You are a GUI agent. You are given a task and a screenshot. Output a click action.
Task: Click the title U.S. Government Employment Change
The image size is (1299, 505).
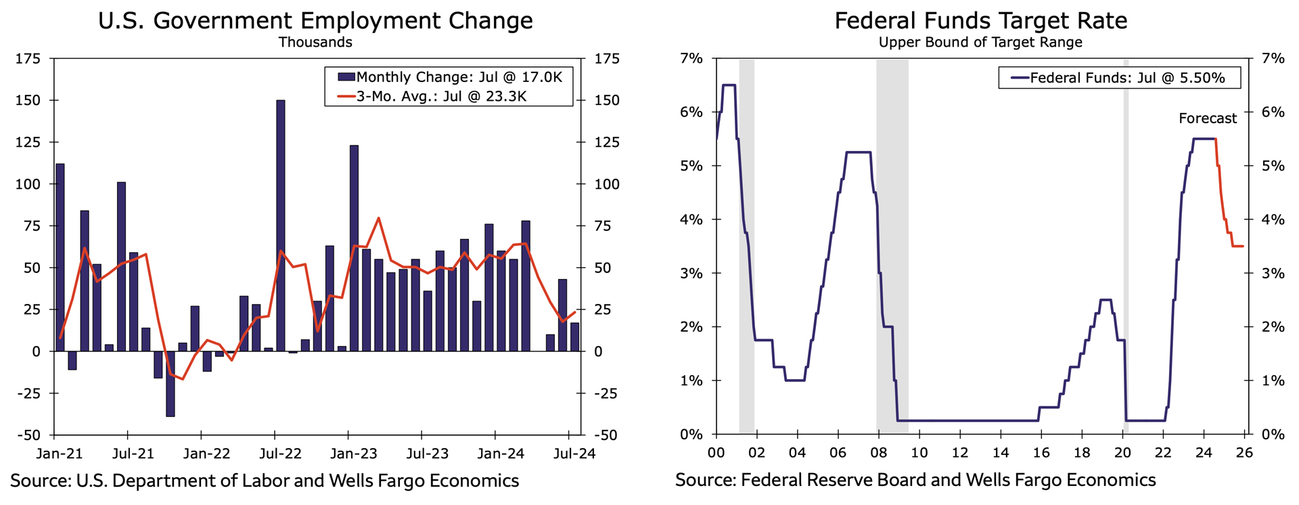click(315, 21)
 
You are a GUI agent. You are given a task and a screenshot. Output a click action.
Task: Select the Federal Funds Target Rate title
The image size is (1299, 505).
click(980, 21)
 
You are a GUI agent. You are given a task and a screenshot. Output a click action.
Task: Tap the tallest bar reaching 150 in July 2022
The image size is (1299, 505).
click(281, 225)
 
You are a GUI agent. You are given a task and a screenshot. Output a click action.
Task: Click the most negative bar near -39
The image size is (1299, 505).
click(170, 384)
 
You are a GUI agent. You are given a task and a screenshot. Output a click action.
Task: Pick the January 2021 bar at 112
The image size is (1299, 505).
click(60, 257)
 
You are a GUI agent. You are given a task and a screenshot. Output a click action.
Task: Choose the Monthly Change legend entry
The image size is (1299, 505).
click(451, 77)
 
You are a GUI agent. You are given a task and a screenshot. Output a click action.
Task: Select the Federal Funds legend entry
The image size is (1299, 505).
click(1119, 78)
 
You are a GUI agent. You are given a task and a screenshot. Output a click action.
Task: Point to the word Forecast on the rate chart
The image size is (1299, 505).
click(1207, 118)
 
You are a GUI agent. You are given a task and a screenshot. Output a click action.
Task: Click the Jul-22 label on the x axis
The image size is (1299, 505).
click(280, 454)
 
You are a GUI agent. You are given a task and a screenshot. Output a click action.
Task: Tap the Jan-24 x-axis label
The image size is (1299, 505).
click(501, 454)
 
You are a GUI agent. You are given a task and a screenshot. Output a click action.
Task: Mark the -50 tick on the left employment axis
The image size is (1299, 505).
click(28, 435)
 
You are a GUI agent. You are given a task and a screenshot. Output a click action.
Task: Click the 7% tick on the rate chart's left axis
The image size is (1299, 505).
click(691, 59)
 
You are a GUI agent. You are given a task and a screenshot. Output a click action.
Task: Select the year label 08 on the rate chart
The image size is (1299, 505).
click(878, 453)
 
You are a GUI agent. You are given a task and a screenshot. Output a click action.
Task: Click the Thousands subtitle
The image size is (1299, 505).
click(315, 43)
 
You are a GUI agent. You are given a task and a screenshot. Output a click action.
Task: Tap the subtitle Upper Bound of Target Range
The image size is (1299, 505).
click(980, 43)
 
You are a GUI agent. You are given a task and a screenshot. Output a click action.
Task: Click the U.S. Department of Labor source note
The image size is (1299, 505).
click(265, 481)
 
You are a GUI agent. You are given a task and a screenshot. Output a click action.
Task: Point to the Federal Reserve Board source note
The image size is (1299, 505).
click(915, 481)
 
